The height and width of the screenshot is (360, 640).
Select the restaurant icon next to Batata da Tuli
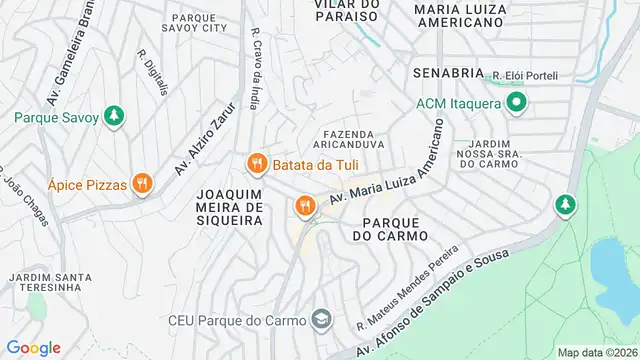click(x=255, y=162)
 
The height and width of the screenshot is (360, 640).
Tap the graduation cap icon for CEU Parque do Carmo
click(x=321, y=320)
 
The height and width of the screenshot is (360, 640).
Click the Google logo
click(x=34, y=347)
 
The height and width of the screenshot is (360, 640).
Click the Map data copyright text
click(x=596, y=352)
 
